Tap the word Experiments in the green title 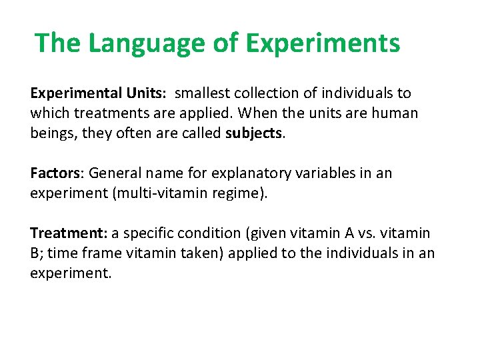323,43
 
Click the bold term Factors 55,173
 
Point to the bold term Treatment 68,233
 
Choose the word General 114,173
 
